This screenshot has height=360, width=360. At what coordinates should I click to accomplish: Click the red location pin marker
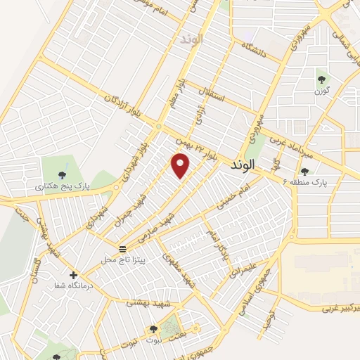tap(181, 165)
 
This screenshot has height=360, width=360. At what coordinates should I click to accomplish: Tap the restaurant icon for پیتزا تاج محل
tap(123, 249)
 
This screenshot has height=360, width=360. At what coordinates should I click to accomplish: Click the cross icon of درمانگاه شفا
tap(73, 275)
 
